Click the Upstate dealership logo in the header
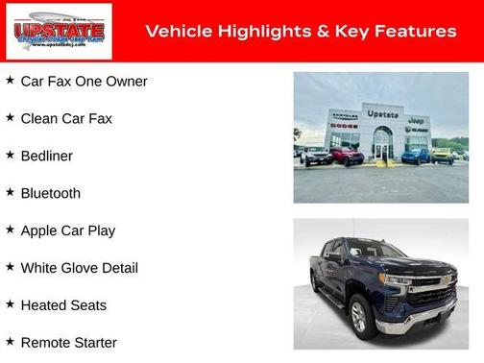tap(59, 32)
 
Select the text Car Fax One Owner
tap(84, 82)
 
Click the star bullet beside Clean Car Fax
tap(10, 118)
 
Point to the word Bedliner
tap(46, 157)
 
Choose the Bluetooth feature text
tap(50, 193)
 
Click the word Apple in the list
tap(40, 230)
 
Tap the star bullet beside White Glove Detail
tap(10, 267)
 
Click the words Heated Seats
tap(63, 305)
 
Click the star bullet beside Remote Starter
tap(10, 342)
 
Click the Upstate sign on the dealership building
tap(382, 114)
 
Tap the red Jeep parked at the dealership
tap(347, 156)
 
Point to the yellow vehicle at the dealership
tap(442, 155)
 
